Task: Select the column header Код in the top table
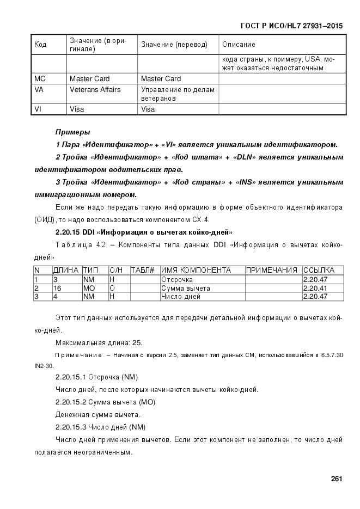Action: [x=41, y=45]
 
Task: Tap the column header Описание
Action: [x=239, y=45]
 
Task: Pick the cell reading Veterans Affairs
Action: [x=95, y=89]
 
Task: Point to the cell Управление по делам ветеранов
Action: [x=178, y=94]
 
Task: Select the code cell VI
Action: [x=38, y=109]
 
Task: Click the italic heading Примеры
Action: [x=73, y=132]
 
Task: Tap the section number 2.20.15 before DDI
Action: [x=68, y=232]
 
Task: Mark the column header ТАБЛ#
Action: [x=143, y=270]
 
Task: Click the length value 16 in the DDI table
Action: [x=57, y=288]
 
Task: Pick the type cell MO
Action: [x=89, y=288]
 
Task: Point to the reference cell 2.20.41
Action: [x=315, y=288]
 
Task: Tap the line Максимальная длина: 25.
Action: [x=99, y=342]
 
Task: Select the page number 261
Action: [x=336, y=479]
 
